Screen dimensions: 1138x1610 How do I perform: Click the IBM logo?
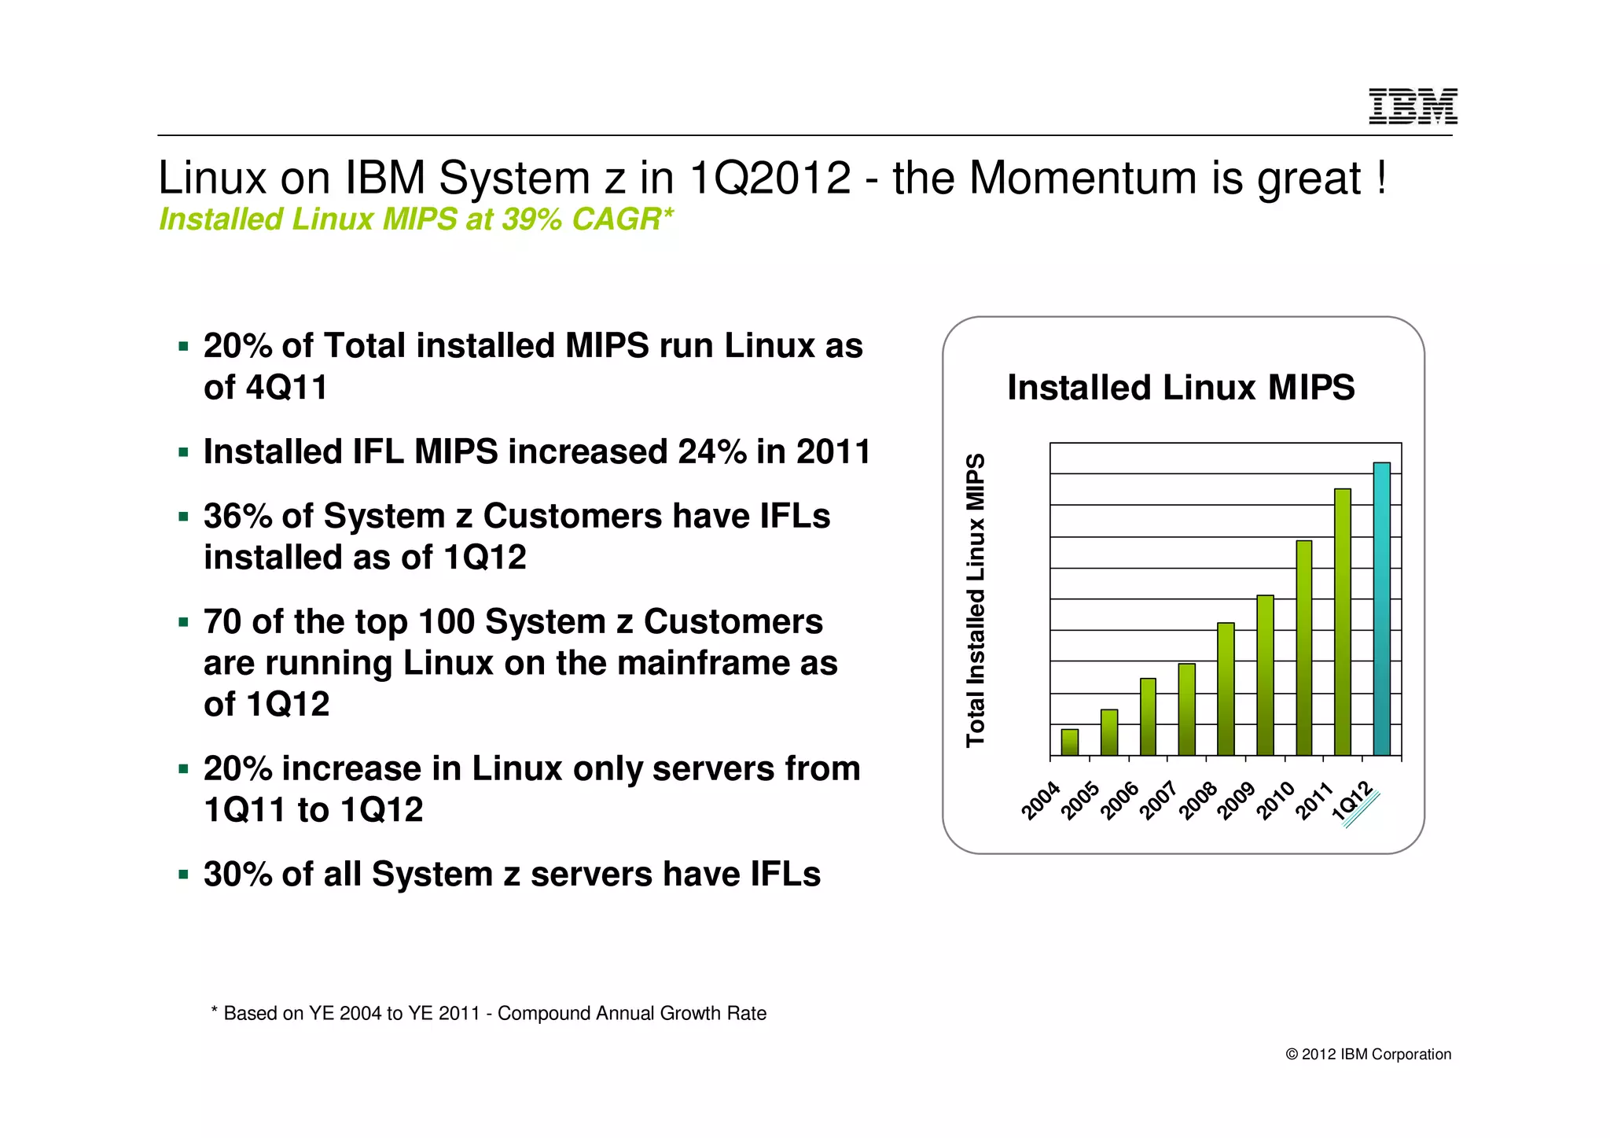pyautogui.click(x=1413, y=106)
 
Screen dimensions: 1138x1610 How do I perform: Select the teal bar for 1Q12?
pyautogui.click(x=1381, y=610)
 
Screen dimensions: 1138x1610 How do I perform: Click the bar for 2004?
pyautogui.click(x=1069, y=742)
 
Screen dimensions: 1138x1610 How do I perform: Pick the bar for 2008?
pyautogui.click(x=1226, y=689)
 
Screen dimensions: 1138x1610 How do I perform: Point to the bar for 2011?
pyautogui.click(x=1343, y=621)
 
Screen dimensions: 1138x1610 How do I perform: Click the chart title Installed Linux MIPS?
pyautogui.click(x=1181, y=388)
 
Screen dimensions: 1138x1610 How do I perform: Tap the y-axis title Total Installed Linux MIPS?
pyautogui.click(x=975, y=599)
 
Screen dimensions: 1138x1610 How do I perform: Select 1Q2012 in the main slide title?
pyautogui.click(x=770, y=178)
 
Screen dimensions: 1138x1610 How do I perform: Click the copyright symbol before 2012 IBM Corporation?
pyautogui.click(x=1292, y=1055)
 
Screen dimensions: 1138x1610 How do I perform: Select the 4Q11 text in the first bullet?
pyautogui.click(x=287, y=388)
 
